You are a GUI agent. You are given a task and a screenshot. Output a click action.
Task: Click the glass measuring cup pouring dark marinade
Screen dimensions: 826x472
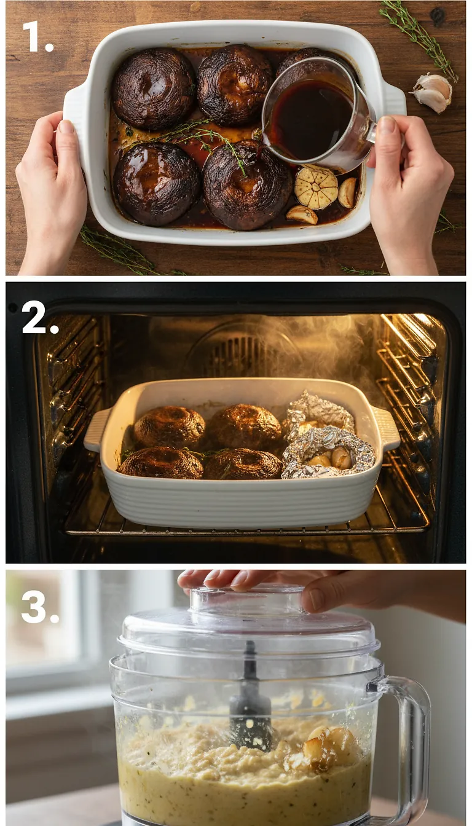pyautogui.click(x=317, y=114)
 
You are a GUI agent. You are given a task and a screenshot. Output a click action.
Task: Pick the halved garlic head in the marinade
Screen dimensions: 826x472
pyautogui.click(x=316, y=187)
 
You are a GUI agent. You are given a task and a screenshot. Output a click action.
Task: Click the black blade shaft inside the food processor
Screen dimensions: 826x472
pyautogui.click(x=250, y=701)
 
